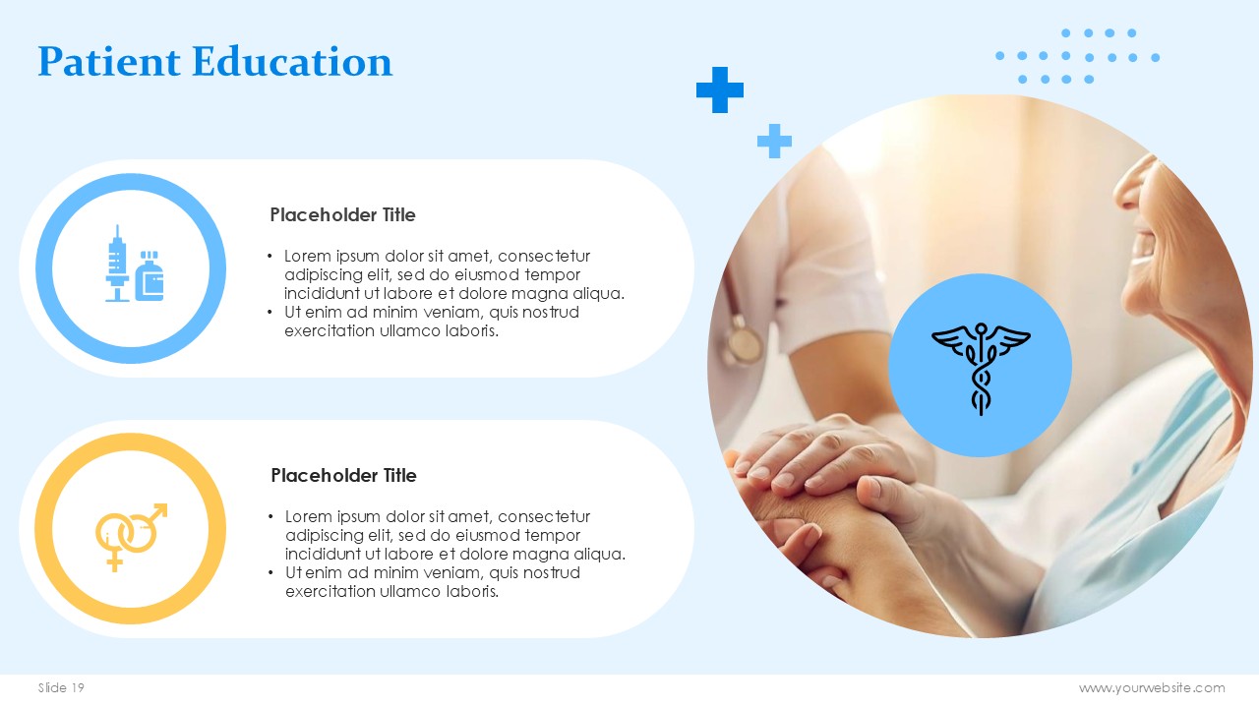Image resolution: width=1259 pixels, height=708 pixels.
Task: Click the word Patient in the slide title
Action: coord(109,61)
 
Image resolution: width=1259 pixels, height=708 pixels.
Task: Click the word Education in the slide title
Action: coord(292,61)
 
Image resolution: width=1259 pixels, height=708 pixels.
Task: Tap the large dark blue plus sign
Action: coord(719,89)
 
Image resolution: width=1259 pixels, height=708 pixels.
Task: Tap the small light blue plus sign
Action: coord(774,141)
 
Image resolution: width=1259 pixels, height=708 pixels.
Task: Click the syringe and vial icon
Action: coord(135,265)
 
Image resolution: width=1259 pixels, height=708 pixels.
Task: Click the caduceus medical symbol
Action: coord(981,368)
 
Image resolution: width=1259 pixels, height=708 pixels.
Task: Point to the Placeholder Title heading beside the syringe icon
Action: coord(342,214)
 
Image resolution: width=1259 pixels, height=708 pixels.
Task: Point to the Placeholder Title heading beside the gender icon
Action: coord(343,475)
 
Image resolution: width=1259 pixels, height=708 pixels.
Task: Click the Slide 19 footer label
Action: coord(61,687)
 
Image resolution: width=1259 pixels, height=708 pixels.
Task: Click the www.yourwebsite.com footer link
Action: coord(1152,687)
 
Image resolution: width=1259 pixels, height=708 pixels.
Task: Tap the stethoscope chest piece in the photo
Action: coord(743,343)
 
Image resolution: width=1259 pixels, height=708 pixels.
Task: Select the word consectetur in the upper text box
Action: coord(544,257)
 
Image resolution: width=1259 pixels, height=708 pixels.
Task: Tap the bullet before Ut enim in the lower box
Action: coord(270,572)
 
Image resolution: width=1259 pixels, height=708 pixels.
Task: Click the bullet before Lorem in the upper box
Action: coord(270,257)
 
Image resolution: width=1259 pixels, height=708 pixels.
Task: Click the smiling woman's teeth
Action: coord(1142,247)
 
